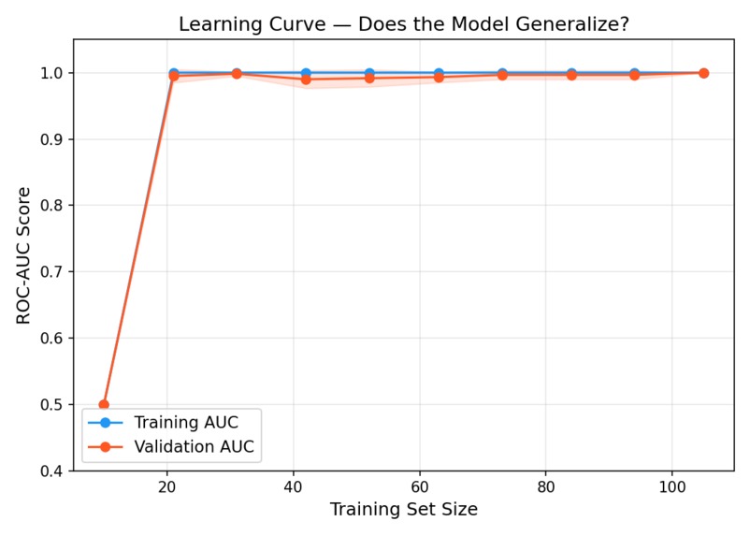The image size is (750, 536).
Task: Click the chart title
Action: pyautogui.click(x=403, y=24)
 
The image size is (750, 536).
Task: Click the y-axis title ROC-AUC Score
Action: pyautogui.click(x=24, y=254)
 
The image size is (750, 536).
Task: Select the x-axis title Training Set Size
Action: pyautogui.click(x=403, y=510)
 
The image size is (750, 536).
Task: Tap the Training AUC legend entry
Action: pyautogui.click(x=185, y=423)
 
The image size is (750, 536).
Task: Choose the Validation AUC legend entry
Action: pyautogui.click(x=193, y=447)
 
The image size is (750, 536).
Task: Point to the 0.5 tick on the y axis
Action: pyautogui.click(x=50, y=405)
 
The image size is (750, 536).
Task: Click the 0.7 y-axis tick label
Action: pyautogui.click(x=50, y=272)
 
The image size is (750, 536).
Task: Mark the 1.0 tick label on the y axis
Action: pyautogui.click(x=50, y=73)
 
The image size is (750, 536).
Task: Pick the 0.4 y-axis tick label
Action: pyautogui.click(x=50, y=471)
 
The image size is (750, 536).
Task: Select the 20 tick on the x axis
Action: pyautogui.click(x=167, y=487)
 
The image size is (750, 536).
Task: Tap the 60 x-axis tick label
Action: pyautogui.click(x=419, y=487)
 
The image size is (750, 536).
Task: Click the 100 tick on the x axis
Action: pyautogui.click(x=671, y=487)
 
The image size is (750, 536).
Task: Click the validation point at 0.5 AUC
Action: pyautogui.click(x=104, y=405)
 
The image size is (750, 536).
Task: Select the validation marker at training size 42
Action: pyautogui.click(x=306, y=80)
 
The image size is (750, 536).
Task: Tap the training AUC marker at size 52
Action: pyautogui.click(x=369, y=72)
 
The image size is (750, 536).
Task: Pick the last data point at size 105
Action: pyautogui.click(x=703, y=73)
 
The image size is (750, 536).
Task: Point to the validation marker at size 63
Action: pyautogui.click(x=439, y=77)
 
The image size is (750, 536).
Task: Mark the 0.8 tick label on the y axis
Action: pyautogui.click(x=50, y=206)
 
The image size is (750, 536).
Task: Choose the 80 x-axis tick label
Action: pyautogui.click(x=545, y=487)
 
